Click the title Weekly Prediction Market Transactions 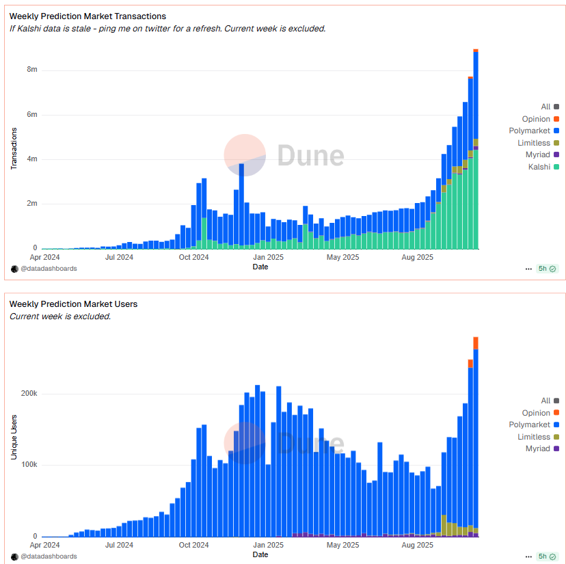point(87,16)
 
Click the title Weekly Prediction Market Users point(73,304)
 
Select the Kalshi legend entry point(539,167)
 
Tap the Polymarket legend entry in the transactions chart point(530,131)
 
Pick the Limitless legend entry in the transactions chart point(534,143)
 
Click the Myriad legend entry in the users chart point(538,448)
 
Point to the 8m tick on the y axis point(31,70)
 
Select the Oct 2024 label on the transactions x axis point(193,258)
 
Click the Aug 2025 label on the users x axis point(417,546)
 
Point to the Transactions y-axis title point(14,147)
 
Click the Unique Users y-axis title point(14,435)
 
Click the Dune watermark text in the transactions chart point(310,155)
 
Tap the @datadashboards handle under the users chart point(49,556)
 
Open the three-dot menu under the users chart point(528,556)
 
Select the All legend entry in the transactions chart point(545,107)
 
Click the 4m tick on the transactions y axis point(31,159)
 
